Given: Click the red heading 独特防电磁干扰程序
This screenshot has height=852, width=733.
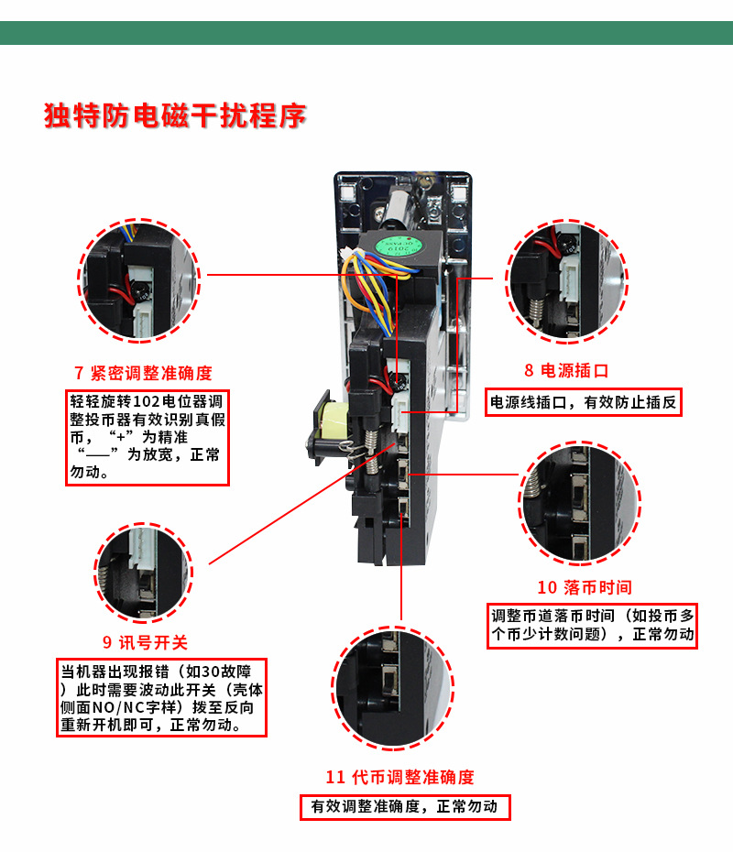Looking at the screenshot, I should tap(175, 116).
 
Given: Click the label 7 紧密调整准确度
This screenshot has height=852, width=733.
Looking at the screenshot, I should tap(143, 373).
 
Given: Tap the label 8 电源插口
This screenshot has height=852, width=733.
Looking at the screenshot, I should tap(566, 370).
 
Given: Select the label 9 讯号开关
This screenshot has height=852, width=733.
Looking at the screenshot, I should tap(145, 642).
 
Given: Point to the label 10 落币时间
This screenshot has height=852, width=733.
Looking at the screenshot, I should tap(585, 587).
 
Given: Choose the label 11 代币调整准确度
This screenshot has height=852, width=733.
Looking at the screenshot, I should tap(400, 777).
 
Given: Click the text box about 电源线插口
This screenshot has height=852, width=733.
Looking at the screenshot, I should tap(584, 401).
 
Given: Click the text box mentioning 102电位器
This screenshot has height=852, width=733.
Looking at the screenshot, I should tap(147, 437).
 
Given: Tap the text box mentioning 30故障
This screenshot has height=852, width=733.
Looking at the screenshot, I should tap(161, 696).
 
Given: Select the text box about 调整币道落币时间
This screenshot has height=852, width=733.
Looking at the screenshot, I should tap(593, 625).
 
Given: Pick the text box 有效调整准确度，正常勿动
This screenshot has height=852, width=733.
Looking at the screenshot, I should tap(404, 807).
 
